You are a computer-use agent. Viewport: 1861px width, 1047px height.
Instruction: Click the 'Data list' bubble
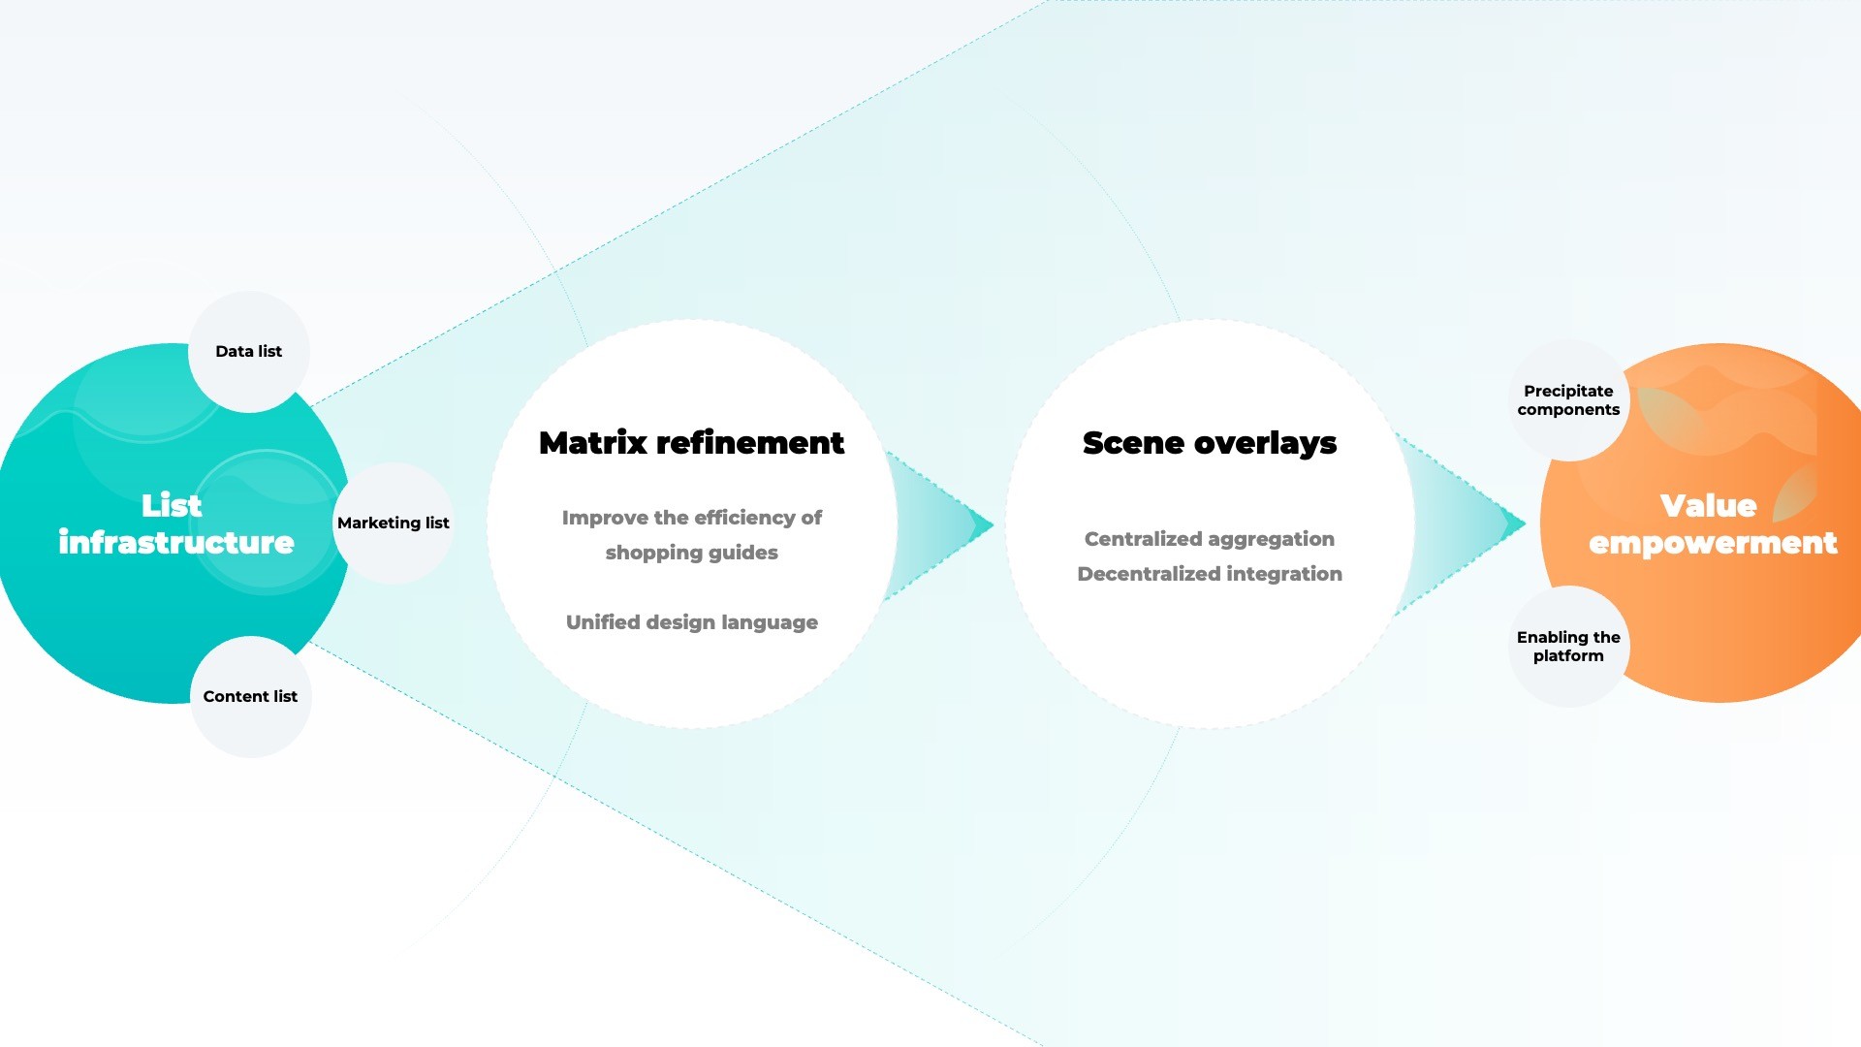pos(249,352)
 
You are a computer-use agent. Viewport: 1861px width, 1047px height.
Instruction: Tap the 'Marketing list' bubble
pos(394,523)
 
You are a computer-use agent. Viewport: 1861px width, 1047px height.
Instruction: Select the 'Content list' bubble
pos(251,697)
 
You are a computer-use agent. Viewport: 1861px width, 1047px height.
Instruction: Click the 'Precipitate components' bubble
pos(1568,400)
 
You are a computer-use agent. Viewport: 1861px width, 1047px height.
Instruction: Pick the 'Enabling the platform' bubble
pos(1568,647)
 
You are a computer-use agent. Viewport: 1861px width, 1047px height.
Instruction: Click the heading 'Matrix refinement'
pos(691,443)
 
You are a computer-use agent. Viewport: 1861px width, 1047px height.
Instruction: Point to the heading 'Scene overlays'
pos(1210,444)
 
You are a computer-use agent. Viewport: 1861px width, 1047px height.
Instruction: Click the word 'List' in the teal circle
pos(172,505)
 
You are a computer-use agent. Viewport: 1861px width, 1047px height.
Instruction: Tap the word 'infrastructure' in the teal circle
pos(176,542)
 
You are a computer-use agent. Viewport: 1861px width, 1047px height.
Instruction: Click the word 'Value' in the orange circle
pos(1708,505)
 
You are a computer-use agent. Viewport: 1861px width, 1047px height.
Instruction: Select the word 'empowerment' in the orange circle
pos(1713,543)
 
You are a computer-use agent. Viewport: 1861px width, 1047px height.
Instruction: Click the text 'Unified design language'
pos(692,622)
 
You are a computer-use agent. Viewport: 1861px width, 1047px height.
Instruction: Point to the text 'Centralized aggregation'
pos(1210,539)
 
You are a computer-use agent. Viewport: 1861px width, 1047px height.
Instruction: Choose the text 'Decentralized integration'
pos(1210,574)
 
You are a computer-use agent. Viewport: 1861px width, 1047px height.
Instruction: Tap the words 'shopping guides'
pos(692,553)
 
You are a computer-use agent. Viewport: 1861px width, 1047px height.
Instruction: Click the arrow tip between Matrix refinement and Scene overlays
pos(994,525)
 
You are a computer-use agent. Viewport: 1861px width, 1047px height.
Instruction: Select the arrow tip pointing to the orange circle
pos(1526,524)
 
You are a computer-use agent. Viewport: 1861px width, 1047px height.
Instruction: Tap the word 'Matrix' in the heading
pos(593,443)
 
